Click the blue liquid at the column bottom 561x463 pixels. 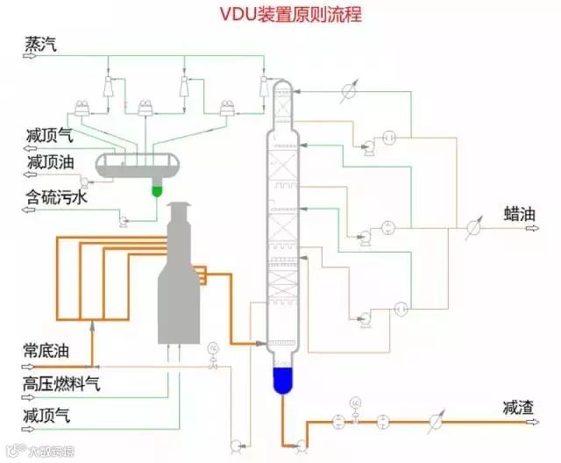coord(281,379)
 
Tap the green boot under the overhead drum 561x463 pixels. coord(159,189)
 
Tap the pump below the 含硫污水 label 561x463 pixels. coord(124,221)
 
